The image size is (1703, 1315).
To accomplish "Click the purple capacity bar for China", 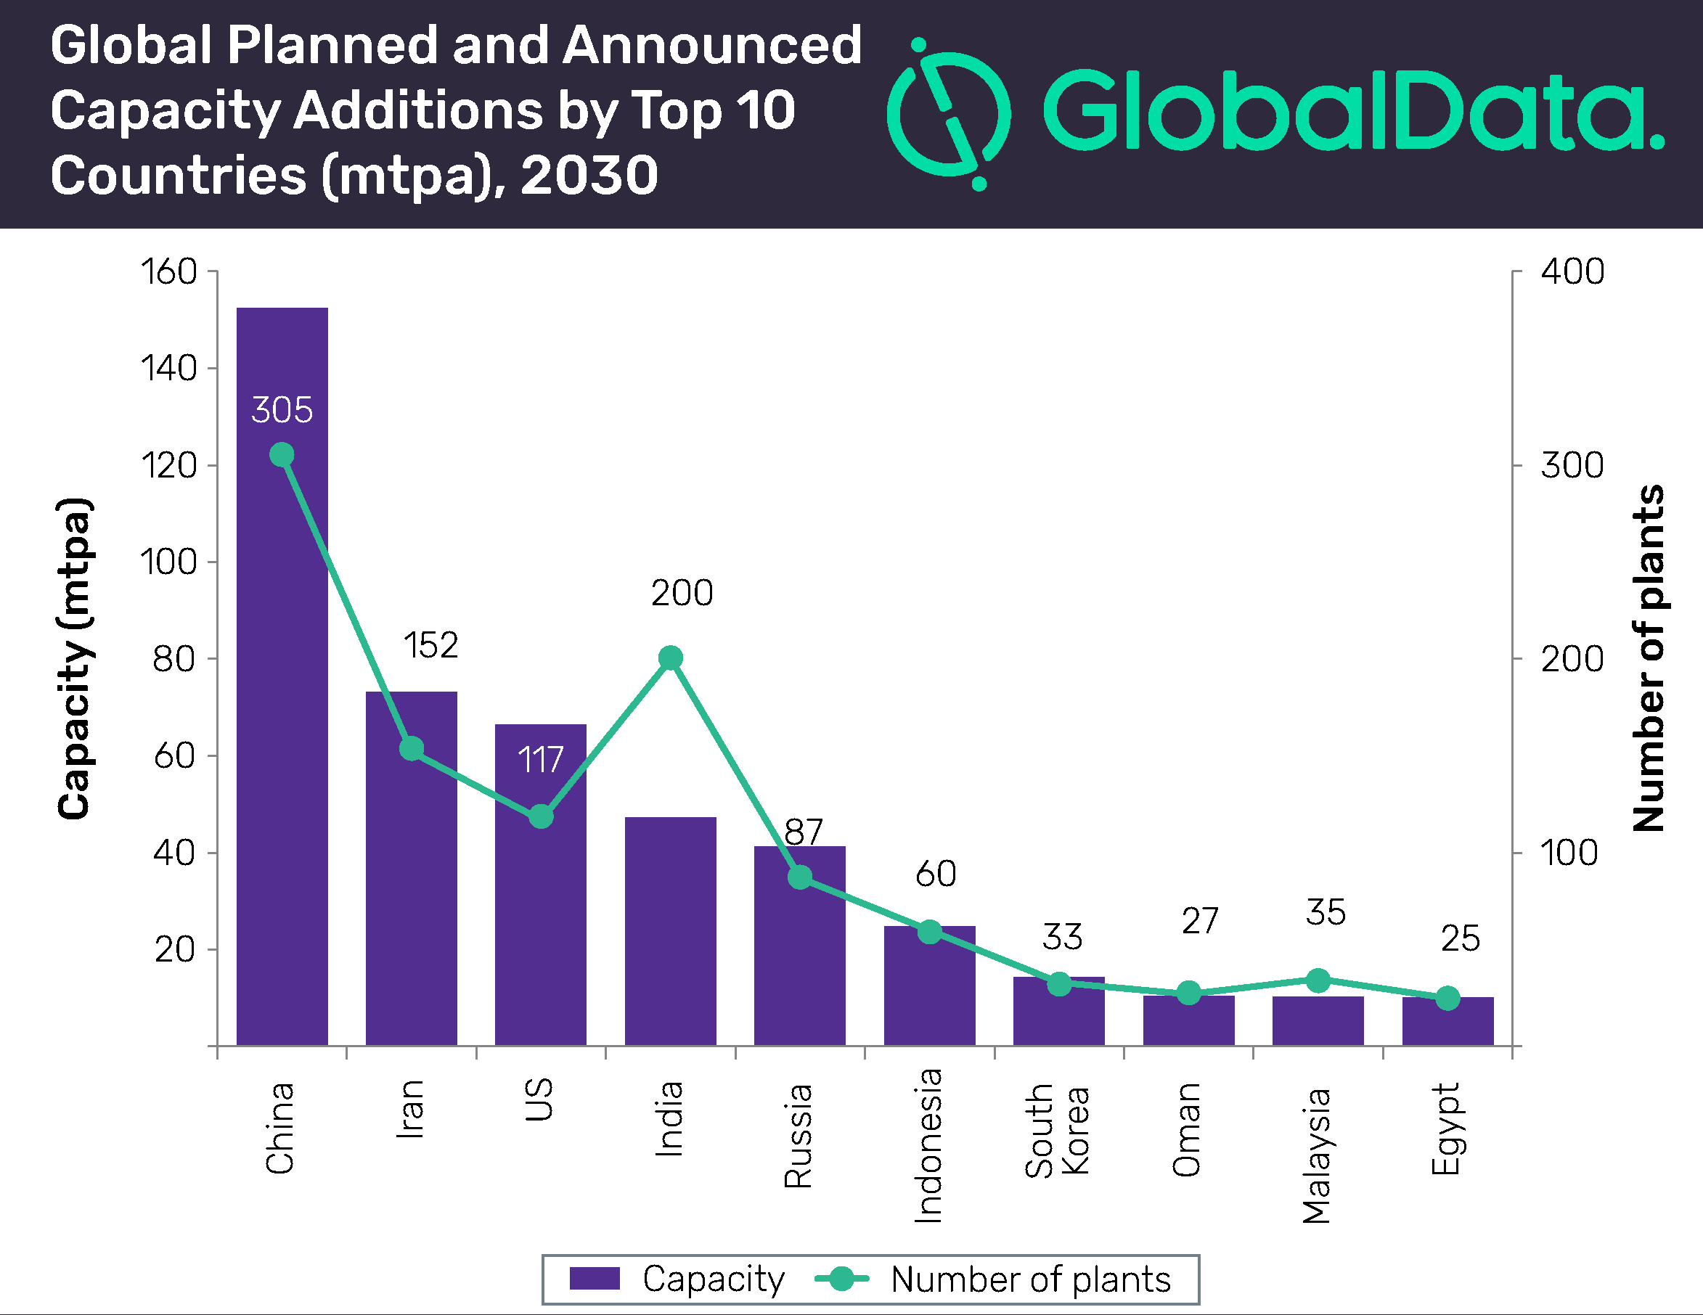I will (282, 702).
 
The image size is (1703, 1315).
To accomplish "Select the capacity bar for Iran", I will (412, 896).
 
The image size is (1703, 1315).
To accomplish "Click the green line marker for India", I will (671, 659).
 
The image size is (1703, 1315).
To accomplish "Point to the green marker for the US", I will (541, 817).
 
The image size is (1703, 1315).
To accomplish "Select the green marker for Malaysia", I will (1318, 980).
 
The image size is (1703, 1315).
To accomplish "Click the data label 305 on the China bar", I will (282, 410).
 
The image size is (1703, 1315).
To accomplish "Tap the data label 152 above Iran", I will (430, 646).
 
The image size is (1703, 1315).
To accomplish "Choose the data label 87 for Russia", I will (803, 832).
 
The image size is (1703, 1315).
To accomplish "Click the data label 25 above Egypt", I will (1460, 939).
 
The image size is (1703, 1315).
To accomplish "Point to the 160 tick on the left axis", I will (168, 272).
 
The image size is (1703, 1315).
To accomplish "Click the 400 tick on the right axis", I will (1572, 272).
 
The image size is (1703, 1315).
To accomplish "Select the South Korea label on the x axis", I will (1058, 1130).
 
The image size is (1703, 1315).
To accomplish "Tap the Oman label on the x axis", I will (1187, 1130).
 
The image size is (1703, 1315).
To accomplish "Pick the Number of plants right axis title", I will (1649, 659).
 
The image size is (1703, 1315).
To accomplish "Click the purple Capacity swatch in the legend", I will (595, 1279).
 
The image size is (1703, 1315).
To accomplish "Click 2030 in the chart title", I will (589, 176).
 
